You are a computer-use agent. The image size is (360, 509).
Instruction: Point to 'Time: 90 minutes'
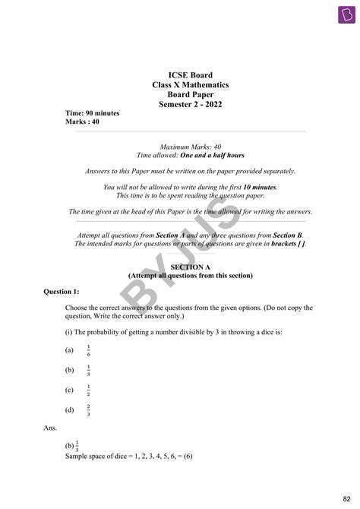point(92,112)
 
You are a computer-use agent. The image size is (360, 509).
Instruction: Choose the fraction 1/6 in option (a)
point(88,350)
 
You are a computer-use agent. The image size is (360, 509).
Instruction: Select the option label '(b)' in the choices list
point(69,370)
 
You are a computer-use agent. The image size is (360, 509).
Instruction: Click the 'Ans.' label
point(51,428)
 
